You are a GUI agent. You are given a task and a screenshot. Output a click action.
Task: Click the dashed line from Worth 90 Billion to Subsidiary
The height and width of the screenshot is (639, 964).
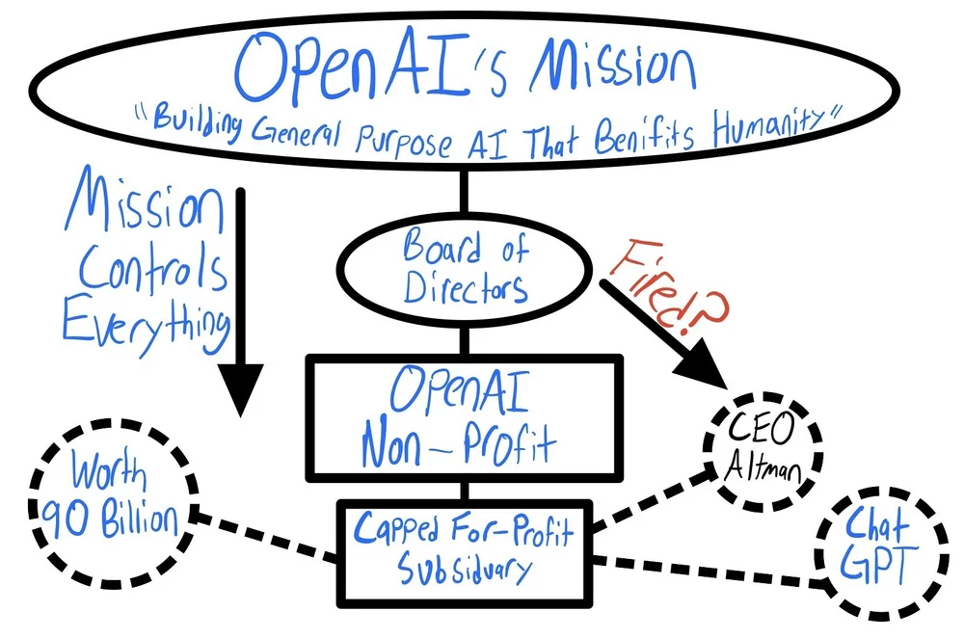pyautogui.click(x=265, y=539)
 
